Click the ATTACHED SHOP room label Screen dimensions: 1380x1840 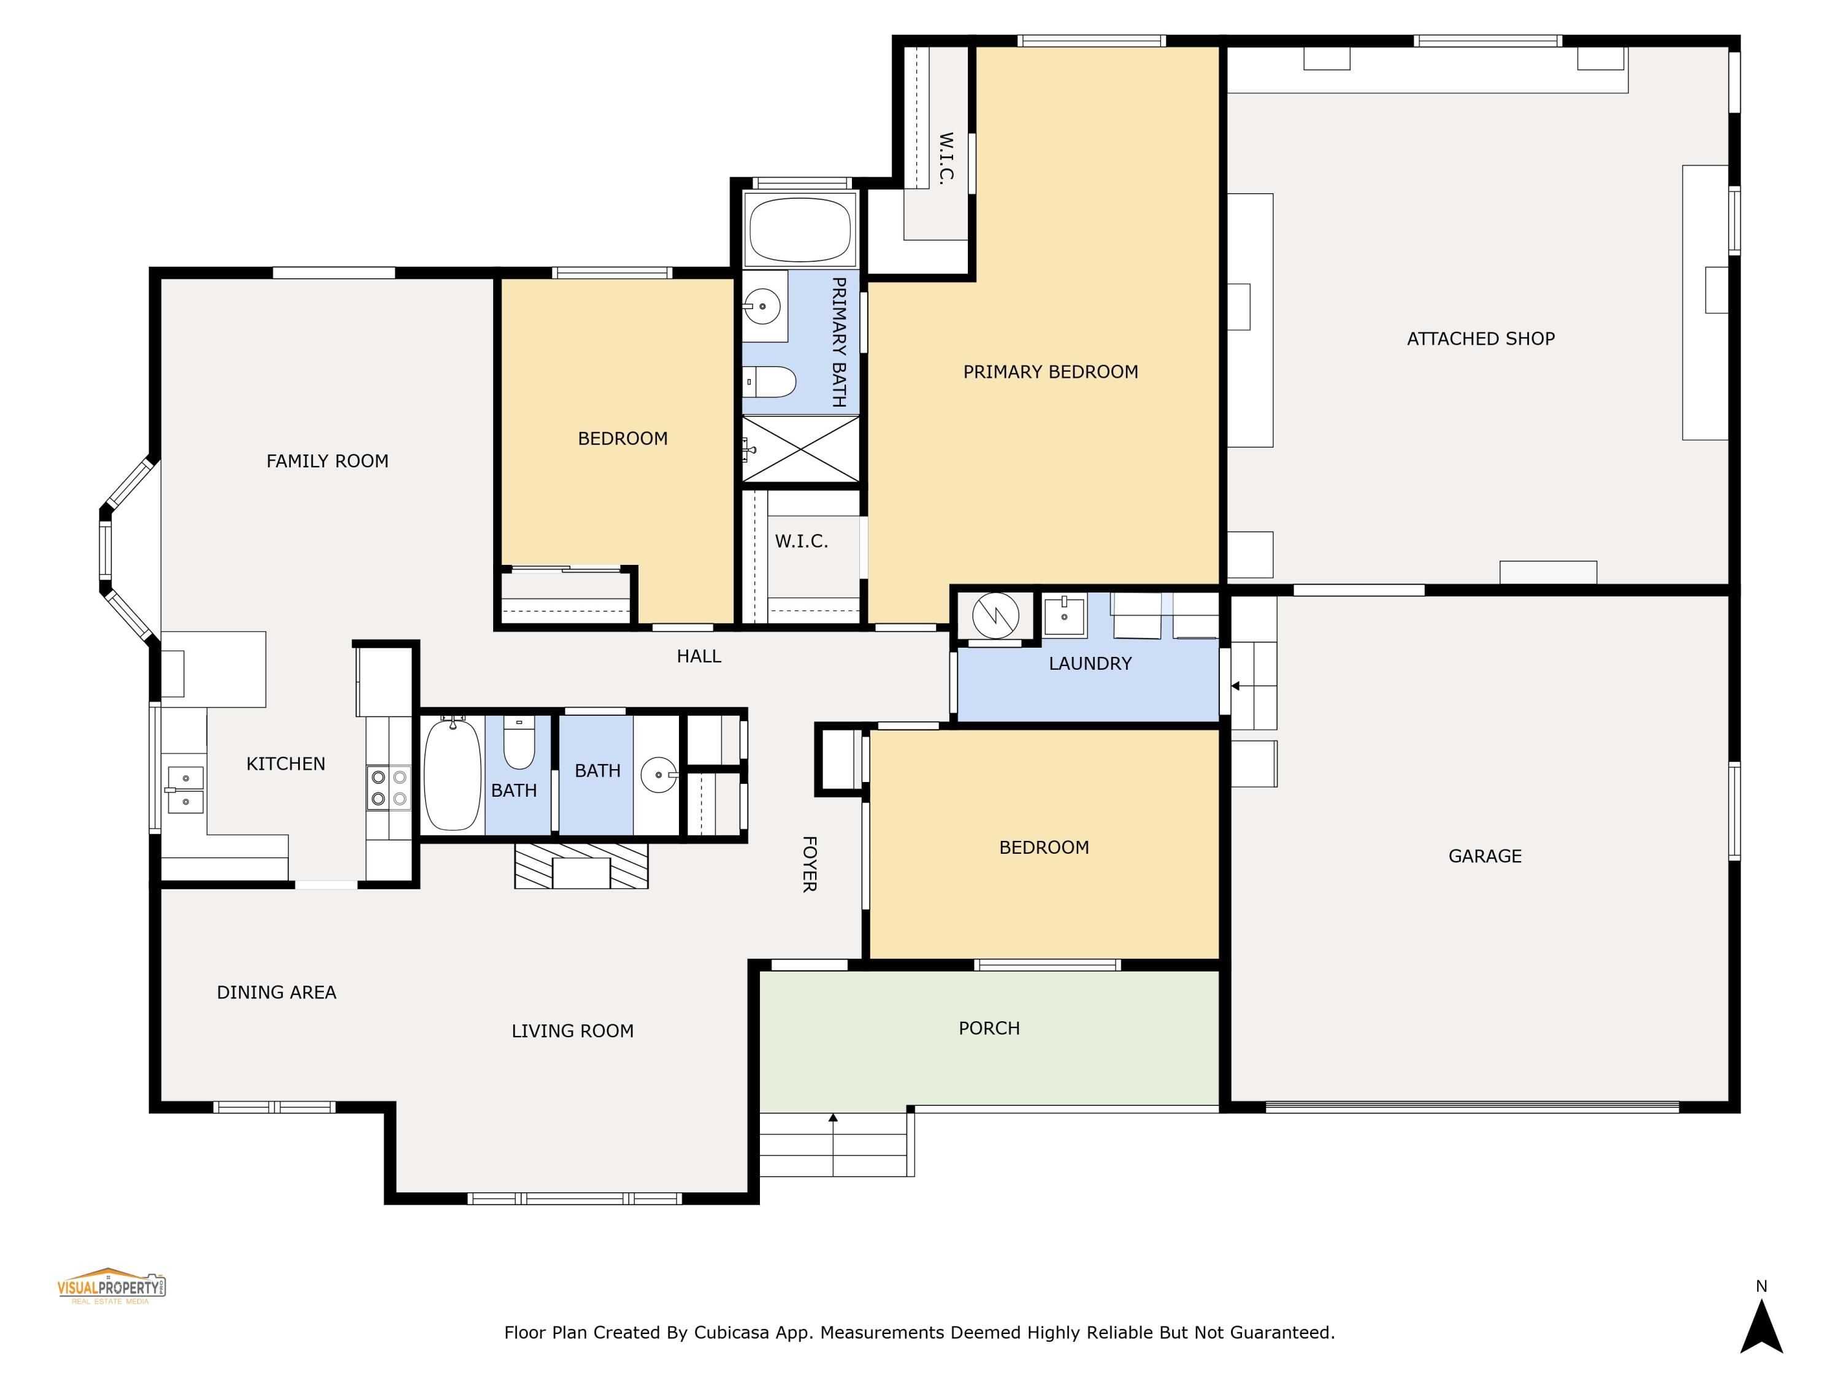pyautogui.click(x=1480, y=339)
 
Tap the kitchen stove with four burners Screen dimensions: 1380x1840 pyautogui.click(x=388, y=788)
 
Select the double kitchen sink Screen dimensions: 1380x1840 pyautogui.click(x=185, y=789)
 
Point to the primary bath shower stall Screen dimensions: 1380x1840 pyautogui.click(x=800, y=449)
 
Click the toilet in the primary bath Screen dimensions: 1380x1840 pyautogui.click(x=770, y=382)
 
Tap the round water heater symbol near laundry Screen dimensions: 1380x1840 pyautogui.click(x=995, y=616)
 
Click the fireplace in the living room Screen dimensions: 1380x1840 pyautogui.click(x=581, y=866)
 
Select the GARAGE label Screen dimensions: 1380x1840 pyautogui.click(x=1484, y=856)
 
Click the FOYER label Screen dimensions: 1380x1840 pyautogui.click(x=808, y=864)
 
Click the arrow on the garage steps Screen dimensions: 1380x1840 pyautogui.click(x=1236, y=686)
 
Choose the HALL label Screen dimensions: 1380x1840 pyautogui.click(x=698, y=656)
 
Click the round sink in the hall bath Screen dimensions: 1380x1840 pyautogui.click(x=658, y=775)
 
